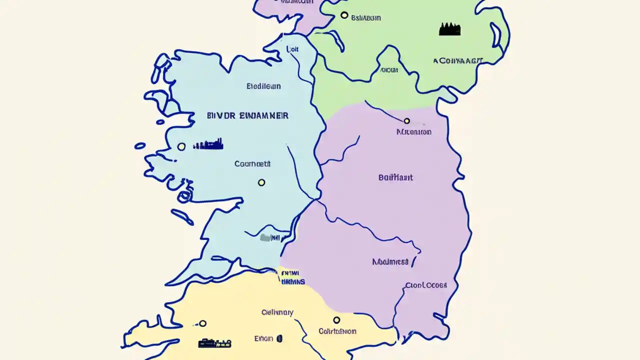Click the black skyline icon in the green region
tap(449, 29)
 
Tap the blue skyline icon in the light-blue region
tap(208, 145)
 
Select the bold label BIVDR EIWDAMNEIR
tap(247, 115)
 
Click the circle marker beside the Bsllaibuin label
tap(344, 15)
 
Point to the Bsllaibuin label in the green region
tap(365, 18)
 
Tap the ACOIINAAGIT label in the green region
tap(458, 61)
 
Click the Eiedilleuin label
tap(263, 86)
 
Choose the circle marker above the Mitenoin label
tap(406, 121)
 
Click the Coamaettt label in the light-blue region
tap(252, 163)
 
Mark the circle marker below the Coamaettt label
tap(261, 182)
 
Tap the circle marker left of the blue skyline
tap(181, 146)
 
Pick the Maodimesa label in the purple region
tap(390, 261)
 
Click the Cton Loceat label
tap(426, 285)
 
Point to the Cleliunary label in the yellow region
tap(277, 312)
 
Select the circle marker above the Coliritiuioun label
tap(336, 320)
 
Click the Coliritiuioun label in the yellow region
tap(337, 331)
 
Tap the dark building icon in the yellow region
tap(214, 343)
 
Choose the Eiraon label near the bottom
tap(263, 338)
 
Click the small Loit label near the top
tap(292, 49)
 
